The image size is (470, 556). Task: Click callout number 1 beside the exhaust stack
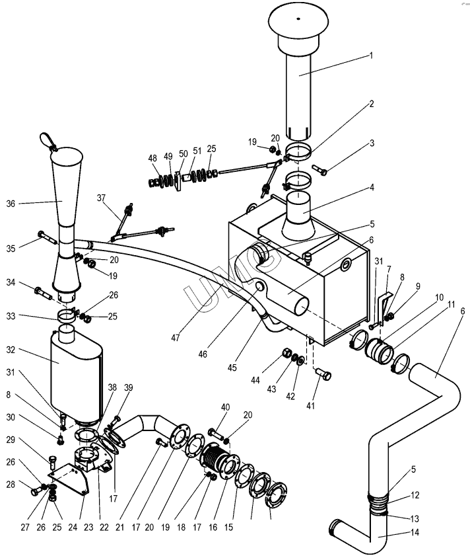pos(371,56)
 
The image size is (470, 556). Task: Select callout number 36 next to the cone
pos(11,204)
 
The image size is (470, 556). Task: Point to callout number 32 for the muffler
pos(11,350)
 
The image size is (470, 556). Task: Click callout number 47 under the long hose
pos(176,338)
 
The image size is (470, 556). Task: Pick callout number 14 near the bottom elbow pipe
pos(415,532)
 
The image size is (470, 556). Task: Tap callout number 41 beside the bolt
pos(310,405)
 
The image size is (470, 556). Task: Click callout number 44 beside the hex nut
pos(255,381)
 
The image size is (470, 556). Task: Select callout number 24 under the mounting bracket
pos(73,528)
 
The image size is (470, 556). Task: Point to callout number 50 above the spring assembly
pos(183,154)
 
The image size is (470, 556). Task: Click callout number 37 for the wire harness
pos(101,198)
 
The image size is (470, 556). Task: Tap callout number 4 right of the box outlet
pos(372,187)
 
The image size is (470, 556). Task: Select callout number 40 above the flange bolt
pos(225,407)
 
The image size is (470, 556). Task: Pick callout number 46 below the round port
pos(203,354)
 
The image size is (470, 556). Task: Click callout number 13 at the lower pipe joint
pos(415,519)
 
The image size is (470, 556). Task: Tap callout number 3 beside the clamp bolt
pos(372,143)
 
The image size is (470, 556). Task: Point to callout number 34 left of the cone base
pos(11,282)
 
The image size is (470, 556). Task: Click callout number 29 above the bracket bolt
pos(11,440)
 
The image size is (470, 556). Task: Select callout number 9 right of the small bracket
pos(419,286)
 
